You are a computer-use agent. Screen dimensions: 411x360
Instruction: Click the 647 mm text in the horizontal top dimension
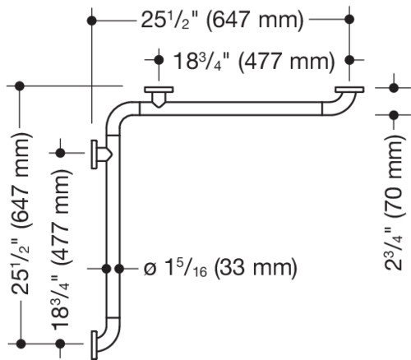tap(255, 20)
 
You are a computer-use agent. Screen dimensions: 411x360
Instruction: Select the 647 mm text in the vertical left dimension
tap(20, 180)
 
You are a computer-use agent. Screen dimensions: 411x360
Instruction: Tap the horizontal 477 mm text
tap(286, 61)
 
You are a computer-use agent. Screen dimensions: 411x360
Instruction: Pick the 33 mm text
tap(256, 267)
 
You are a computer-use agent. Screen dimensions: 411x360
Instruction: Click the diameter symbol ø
tap(150, 269)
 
